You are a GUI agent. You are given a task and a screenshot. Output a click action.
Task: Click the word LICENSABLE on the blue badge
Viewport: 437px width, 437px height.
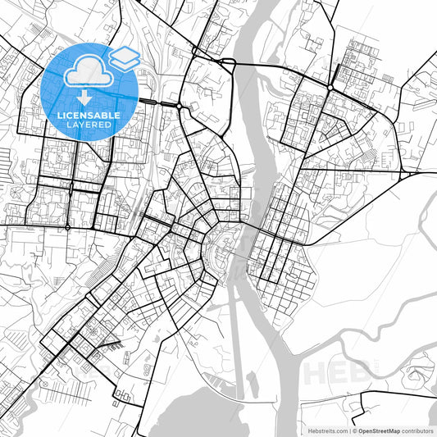click(89, 116)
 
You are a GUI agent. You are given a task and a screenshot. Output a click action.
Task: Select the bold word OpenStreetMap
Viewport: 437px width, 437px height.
click(376, 430)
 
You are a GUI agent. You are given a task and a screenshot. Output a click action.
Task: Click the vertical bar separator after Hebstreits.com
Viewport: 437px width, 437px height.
click(348, 430)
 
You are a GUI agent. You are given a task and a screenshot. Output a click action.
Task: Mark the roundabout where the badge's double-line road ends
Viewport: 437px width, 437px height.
click(179, 106)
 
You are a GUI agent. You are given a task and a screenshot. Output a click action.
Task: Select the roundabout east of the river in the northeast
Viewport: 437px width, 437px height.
click(330, 86)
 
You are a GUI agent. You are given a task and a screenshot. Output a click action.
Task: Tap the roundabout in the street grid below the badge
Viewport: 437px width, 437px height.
click(66, 226)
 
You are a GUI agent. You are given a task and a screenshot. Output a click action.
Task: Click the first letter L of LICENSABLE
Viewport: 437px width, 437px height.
click(60, 116)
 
